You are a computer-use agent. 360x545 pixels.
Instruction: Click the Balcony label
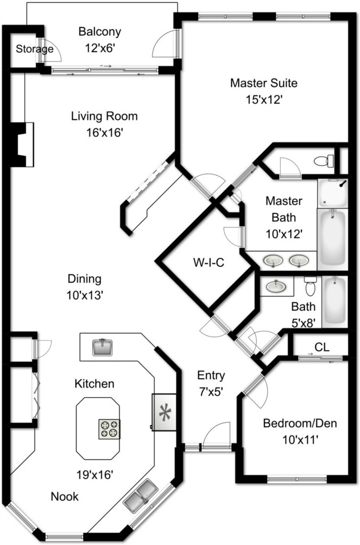coord(100,31)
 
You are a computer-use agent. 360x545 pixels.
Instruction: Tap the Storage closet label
coord(35,49)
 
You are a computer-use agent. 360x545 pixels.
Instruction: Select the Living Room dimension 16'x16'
coord(105,133)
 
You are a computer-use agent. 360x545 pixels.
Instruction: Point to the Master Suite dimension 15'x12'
coord(264,100)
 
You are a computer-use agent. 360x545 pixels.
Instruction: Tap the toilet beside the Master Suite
coord(323,161)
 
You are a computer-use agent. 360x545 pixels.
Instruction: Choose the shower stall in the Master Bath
coord(332,194)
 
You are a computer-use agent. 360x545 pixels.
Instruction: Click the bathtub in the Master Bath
coord(333,239)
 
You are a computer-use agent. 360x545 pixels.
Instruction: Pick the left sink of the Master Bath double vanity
coord(273,261)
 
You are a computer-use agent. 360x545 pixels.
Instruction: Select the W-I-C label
coord(209,262)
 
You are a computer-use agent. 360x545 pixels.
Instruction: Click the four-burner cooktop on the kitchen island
coord(109,429)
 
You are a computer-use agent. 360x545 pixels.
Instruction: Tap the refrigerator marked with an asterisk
coord(164,412)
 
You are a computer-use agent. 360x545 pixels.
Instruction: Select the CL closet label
coord(322,347)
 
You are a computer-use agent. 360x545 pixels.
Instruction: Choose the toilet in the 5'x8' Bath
coord(310,286)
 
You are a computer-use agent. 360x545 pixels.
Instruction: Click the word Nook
coord(64,497)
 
